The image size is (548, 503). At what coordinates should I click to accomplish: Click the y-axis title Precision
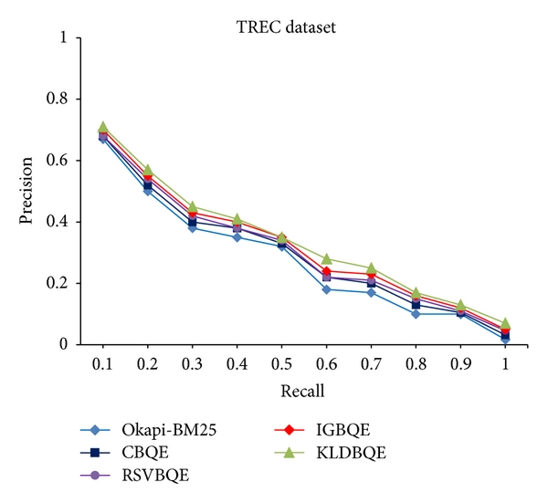tap(28, 192)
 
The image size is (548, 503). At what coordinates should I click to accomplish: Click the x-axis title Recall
tap(303, 392)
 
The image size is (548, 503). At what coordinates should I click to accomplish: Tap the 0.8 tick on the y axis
tap(64, 100)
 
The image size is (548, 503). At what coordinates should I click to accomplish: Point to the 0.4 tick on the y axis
tap(64, 222)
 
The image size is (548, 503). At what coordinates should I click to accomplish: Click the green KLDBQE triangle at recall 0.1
tap(102, 127)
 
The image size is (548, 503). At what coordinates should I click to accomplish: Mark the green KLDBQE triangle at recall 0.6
tap(326, 259)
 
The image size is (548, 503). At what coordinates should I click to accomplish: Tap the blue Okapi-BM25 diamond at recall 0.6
tap(326, 289)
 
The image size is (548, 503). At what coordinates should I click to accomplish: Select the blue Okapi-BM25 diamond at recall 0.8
tap(416, 314)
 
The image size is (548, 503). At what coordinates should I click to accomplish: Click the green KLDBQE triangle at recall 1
tap(505, 323)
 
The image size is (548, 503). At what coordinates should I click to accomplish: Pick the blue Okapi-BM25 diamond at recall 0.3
tap(192, 227)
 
